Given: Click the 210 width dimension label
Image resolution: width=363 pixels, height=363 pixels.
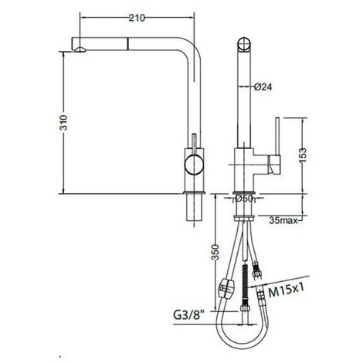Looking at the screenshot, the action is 137,18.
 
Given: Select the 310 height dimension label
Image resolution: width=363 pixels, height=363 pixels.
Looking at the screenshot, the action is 63,123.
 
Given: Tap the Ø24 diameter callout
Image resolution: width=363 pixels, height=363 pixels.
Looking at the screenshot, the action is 263,87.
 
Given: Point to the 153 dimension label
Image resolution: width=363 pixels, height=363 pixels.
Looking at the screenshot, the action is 303,155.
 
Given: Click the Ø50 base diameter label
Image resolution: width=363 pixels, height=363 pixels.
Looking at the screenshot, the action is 244,198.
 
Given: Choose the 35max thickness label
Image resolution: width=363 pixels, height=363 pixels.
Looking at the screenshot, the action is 283,220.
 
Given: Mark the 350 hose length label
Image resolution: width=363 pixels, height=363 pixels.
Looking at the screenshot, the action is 215,253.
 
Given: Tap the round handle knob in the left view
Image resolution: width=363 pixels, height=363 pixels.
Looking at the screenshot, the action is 194,165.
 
